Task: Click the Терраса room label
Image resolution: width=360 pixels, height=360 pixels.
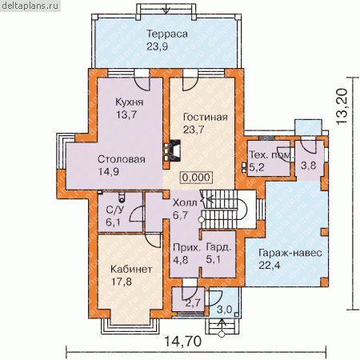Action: point(167,34)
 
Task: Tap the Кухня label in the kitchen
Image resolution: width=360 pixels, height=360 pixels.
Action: point(130,102)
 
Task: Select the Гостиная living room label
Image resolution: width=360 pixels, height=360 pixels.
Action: point(206,117)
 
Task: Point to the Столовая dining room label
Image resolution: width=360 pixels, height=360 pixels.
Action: point(122,159)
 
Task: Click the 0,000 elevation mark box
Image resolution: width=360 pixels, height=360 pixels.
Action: point(197,178)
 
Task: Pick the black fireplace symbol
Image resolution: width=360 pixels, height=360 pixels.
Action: point(175,150)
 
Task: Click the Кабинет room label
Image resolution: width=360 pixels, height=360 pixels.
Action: point(131,269)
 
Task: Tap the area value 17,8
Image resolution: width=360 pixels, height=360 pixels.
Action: point(122,282)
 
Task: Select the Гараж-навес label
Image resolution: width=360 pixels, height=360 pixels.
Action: point(290,253)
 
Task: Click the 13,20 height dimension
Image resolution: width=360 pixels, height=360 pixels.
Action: point(342,106)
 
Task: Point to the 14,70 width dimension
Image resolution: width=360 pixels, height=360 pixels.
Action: point(182,342)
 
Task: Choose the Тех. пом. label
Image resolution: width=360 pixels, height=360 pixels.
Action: point(271,155)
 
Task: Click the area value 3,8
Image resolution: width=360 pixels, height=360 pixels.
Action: point(309,166)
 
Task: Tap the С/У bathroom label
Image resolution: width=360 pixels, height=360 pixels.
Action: point(115,210)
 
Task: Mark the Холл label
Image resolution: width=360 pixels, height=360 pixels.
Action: point(185,202)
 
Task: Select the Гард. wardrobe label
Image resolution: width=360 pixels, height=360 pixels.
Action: point(218,247)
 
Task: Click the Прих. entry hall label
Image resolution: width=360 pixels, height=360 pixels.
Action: point(186,248)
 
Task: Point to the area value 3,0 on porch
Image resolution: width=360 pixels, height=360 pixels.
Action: point(225,310)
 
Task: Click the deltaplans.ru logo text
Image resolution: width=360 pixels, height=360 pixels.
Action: point(30,6)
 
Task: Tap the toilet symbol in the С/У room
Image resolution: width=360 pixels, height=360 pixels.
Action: point(122,198)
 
